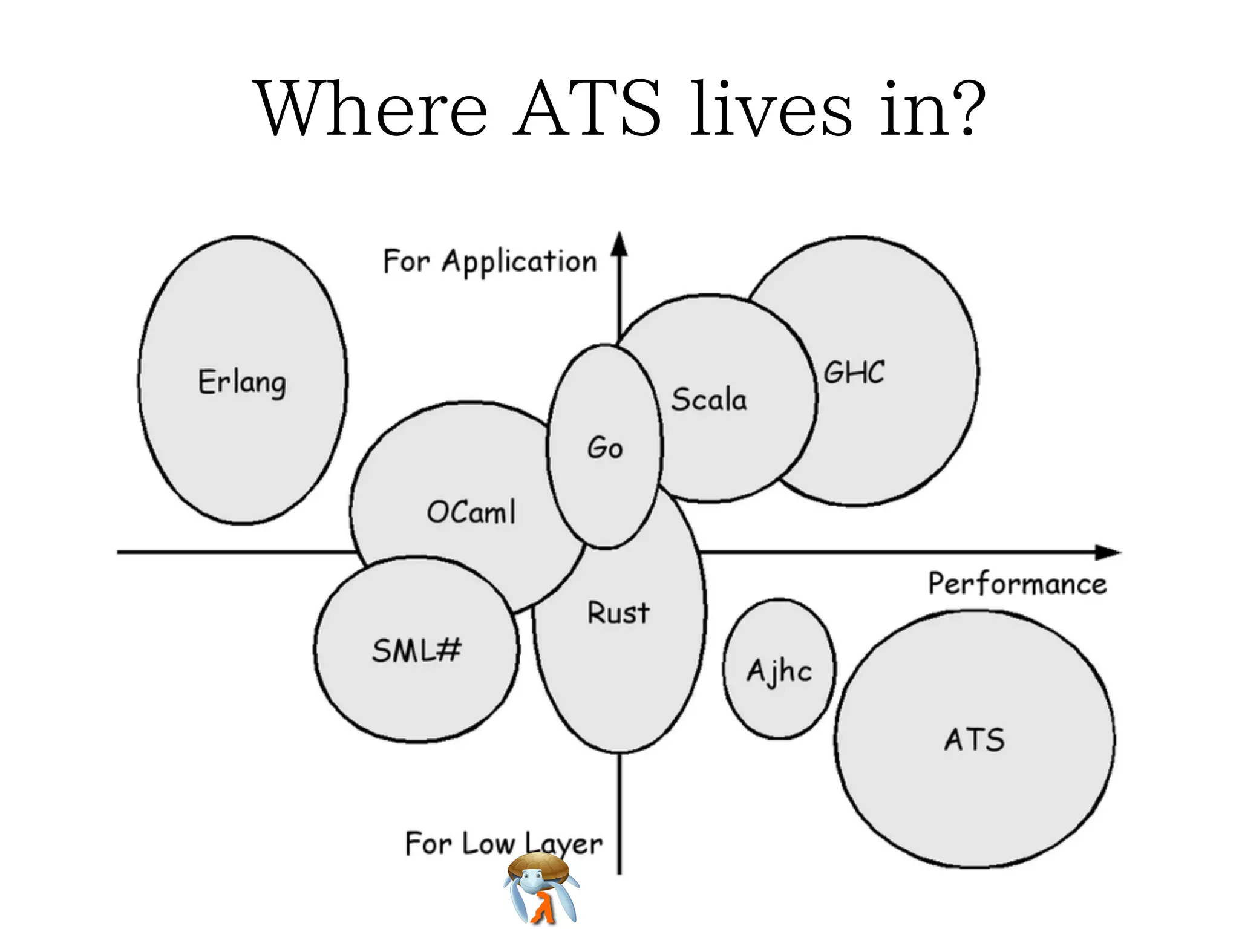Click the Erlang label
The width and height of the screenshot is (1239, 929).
point(242,382)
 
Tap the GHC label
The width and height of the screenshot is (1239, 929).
point(854,372)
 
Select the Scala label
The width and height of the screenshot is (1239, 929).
point(709,399)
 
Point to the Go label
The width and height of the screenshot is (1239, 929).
point(604,448)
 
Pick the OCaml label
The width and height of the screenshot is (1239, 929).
point(471,512)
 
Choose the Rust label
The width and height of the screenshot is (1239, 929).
point(618,612)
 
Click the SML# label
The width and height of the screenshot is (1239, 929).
point(416,651)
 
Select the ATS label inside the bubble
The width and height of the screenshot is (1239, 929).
point(974,740)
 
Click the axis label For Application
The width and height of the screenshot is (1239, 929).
point(490,262)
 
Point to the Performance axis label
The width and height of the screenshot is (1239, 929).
point(1018,584)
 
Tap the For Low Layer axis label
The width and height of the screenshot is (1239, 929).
point(503,843)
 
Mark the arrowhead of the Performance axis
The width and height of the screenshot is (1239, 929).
point(1108,552)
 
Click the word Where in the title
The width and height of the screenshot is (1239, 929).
point(372,109)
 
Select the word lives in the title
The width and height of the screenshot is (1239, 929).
point(771,109)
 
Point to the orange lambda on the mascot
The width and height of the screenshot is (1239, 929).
point(542,908)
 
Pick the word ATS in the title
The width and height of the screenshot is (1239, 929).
point(587,109)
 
